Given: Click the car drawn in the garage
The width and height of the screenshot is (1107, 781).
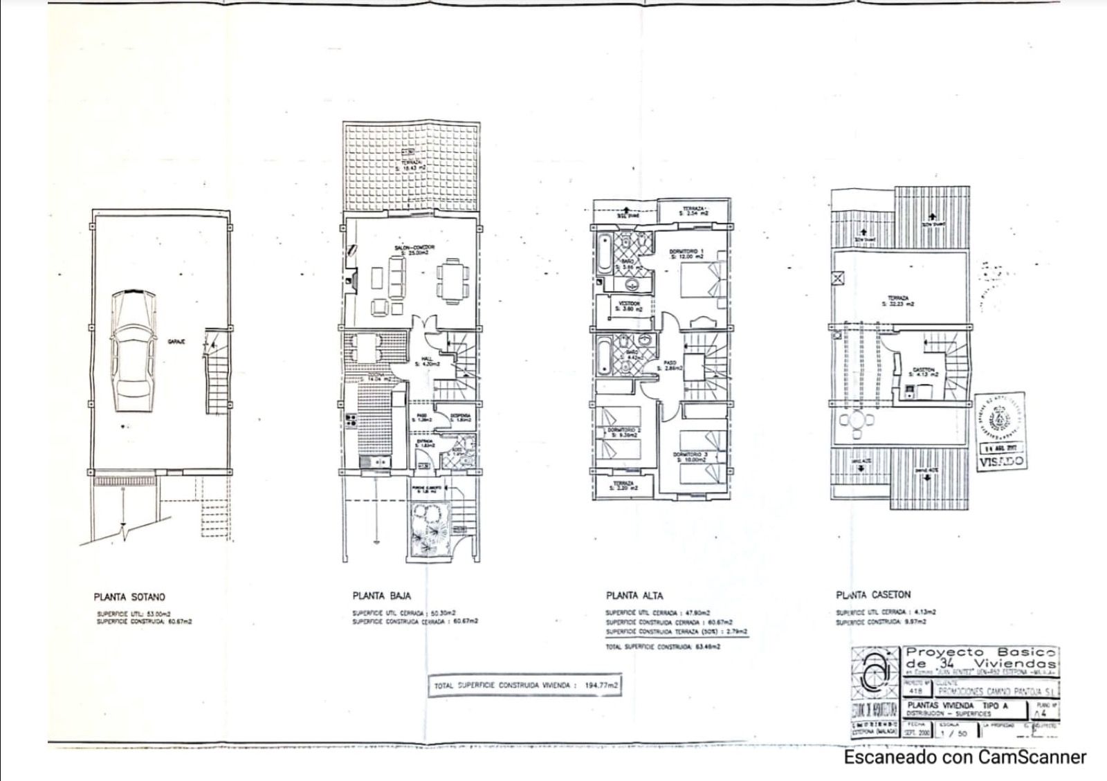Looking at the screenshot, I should click(134, 351).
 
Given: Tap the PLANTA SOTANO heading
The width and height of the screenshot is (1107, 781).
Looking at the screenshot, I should click(129, 596).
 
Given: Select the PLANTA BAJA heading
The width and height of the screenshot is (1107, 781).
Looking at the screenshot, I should click(381, 596).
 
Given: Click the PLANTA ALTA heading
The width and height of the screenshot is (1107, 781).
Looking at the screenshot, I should click(634, 596).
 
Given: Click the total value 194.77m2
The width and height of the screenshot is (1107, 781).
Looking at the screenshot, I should click(601, 686).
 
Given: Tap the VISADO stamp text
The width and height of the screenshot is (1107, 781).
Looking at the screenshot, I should click(1002, 461).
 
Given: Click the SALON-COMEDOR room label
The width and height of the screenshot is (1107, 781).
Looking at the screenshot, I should click(409, 247).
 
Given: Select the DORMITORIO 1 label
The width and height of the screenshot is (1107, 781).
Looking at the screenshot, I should click(687, 251).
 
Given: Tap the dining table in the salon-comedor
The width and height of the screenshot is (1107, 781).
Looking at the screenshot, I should click(452, 280).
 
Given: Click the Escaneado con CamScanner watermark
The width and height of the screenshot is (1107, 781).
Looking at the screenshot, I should click(964, 757).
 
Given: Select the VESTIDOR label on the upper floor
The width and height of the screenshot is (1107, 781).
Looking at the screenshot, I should click(630, 304).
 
